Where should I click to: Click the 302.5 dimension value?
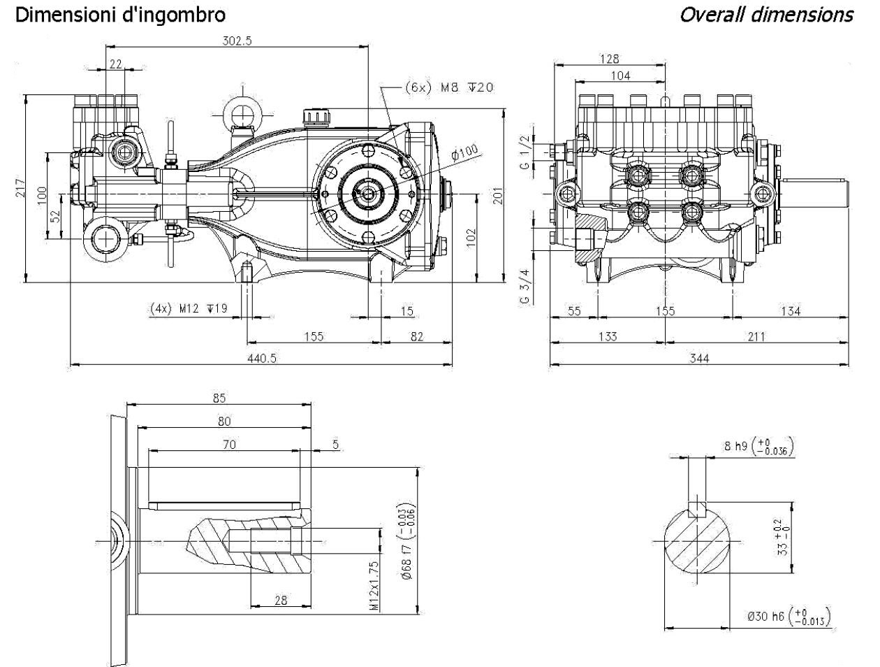(237, 41)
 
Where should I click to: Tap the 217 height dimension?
(20, 187)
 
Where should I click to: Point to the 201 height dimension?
(497, 196)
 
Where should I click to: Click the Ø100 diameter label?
(464, 153)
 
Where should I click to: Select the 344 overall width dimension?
(698, 358)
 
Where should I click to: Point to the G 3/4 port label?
(525, 286)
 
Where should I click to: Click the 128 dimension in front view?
(610, 59)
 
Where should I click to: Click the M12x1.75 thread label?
(375, 586)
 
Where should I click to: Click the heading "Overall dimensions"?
(766, 15)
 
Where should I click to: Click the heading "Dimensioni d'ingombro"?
(120, 15)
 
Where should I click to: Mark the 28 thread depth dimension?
(280, 599)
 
